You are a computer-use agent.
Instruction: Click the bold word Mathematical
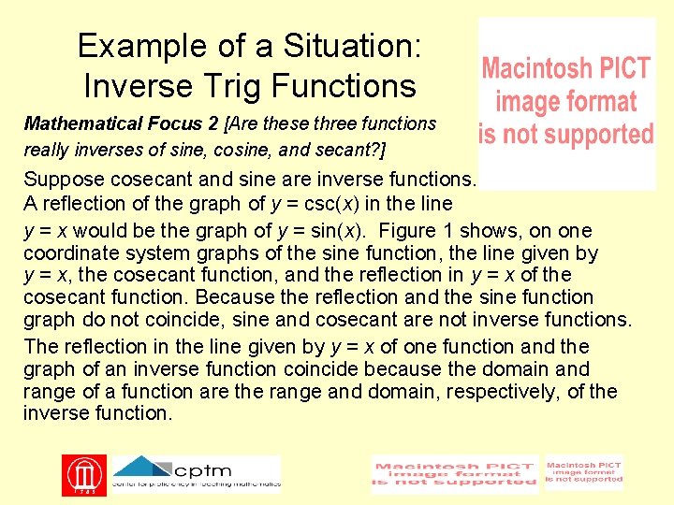click(86, 123)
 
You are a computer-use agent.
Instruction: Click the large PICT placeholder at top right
click(566, 103)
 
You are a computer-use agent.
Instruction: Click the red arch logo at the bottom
click(83, 475)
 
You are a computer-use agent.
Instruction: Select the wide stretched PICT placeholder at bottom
click(455, 475)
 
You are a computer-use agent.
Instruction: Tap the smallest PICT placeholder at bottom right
click(583, 473)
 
